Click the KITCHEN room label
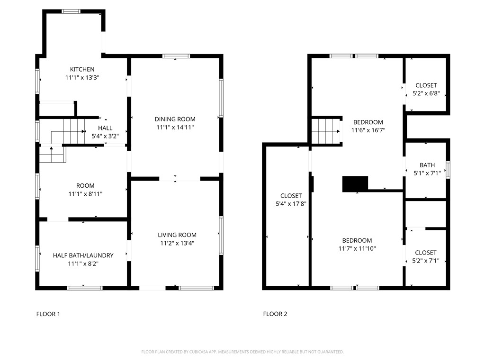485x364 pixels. [x=82, y=69]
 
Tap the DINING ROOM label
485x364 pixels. [x=175, y=119]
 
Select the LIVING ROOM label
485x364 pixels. [x=177, y=235]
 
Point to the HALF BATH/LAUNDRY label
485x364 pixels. [x=83, y=255]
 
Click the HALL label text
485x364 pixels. [x=105, y=128]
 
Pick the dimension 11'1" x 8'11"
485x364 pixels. [x=85, y=194]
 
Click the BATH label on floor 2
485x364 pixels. [x=427, y=165]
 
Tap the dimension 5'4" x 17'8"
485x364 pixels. [x=291, y=204]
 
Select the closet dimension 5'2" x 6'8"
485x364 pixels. [x=426, y=93]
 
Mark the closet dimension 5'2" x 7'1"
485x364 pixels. [x=426, y=261]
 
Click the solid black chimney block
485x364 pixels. [x=355, y=184]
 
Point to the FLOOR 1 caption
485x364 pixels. [x=48, y=314]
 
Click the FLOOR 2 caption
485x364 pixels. [x=275, y=314]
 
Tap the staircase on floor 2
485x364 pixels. [x=326, y=131]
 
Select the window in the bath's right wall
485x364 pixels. [x=448, y=170]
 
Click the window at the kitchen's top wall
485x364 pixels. [x=72, y=11]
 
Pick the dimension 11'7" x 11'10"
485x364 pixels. [x=358, y=248]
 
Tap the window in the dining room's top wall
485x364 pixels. [x=176, y=56]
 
